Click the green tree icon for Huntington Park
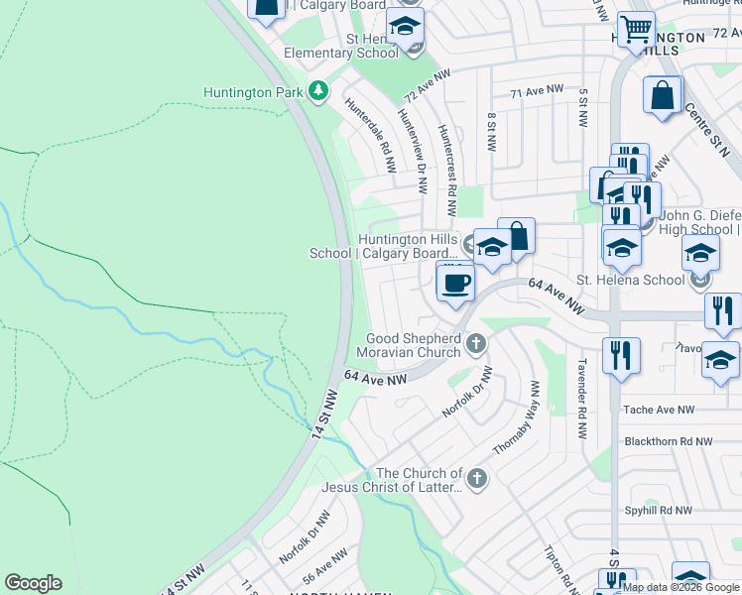coord(317,92)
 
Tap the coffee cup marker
coord(455,283)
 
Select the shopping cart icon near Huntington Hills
coord(636,28)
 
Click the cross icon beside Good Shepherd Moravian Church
coord(476,344)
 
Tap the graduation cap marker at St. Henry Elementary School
coord(405,27)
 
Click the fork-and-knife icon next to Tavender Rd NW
coord(621,355)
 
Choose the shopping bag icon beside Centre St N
coord(663,97)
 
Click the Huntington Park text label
coord(252,93)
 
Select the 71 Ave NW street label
coord(530,92)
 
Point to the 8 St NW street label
coord(491,131)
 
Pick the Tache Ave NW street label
coord(659,410)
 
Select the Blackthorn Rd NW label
coord(669,441)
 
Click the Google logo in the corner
coord(33,583)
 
